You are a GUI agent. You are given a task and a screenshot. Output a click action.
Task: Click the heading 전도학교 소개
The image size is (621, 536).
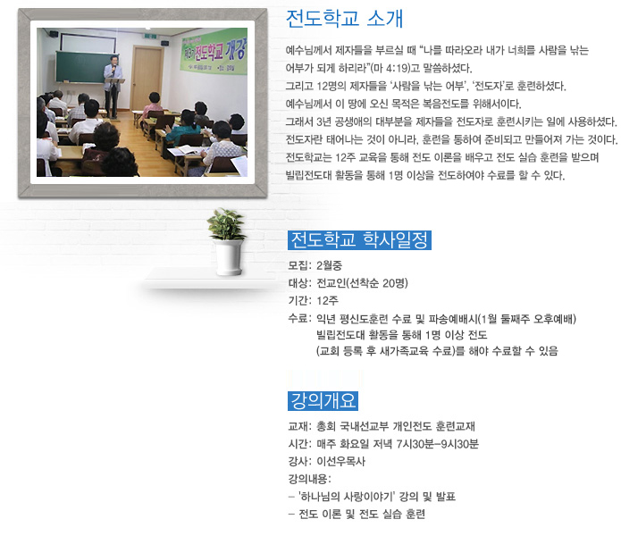[x=344, y=19]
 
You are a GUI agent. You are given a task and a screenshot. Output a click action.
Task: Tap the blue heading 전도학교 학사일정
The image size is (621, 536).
[x=359, y=240]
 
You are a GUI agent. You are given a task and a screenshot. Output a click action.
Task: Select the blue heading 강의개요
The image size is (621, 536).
[x=323, y=400]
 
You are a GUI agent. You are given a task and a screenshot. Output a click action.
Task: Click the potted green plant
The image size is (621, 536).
[x=227, y=224]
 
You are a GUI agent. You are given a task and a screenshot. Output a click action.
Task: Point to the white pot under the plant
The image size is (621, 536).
[x=229, y=257]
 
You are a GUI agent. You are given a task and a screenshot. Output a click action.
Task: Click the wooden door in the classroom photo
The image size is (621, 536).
[x=147, y=79]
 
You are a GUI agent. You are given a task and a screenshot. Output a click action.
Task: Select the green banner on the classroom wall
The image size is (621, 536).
[x=214, y=51]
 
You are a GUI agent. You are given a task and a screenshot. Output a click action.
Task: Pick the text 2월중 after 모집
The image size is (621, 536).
[x=329, y=265]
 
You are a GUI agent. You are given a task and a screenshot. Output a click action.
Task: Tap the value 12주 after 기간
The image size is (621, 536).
[x=328, y=301]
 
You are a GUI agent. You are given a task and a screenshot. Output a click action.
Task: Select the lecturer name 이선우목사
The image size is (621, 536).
[x=341, y=461]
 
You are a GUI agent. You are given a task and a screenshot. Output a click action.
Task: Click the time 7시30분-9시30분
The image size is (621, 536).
[x=437, y=444]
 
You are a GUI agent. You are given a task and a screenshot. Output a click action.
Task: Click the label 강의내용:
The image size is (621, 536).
[x=310, y=479]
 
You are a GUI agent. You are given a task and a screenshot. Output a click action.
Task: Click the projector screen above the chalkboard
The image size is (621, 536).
[x=88, y=43]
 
